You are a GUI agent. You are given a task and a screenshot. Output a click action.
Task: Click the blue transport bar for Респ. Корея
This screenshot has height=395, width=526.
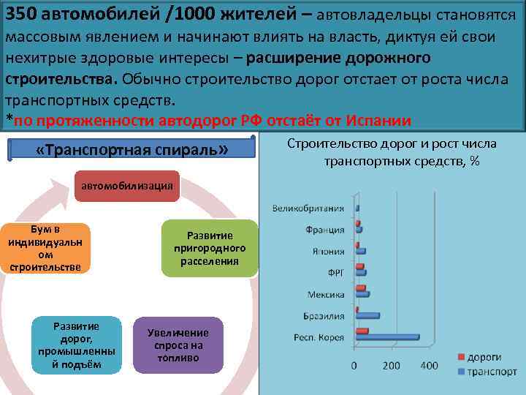387,337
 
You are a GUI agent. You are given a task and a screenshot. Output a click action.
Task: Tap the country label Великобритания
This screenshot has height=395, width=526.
311,208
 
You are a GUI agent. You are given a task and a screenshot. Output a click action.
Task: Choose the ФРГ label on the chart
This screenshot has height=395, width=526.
334,273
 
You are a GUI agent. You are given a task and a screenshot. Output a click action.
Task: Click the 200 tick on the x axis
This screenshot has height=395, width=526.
392,366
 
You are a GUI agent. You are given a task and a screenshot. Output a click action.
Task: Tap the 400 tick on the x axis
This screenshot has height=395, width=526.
429,366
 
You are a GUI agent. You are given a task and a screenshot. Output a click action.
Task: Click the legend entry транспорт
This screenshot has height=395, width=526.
487,372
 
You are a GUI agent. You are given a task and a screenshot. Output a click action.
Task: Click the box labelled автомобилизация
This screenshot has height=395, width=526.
127,185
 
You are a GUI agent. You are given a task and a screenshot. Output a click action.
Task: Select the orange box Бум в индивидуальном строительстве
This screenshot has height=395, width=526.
45,248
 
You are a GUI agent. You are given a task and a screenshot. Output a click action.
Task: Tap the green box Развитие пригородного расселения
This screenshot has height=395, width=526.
209,248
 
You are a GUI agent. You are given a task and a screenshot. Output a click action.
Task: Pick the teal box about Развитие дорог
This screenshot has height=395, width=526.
76,345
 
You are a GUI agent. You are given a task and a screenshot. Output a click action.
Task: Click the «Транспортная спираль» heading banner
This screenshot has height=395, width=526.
131,150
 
